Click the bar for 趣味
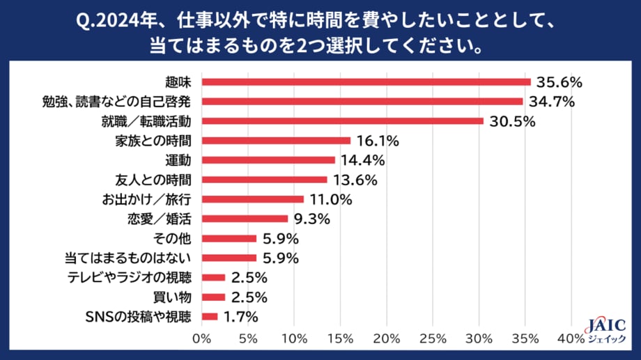coord(366,81)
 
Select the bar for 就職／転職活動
coord(342,121)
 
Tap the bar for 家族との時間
coord(276,141)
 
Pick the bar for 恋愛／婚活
coord(245,219)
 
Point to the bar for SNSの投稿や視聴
coord(210,317)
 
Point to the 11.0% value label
coord(330,199)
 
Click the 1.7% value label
coord(241,317)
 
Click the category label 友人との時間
coord(153,180)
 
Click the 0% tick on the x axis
coord(201,339)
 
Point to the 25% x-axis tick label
coord(433,339)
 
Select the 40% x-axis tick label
coord(571,339)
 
